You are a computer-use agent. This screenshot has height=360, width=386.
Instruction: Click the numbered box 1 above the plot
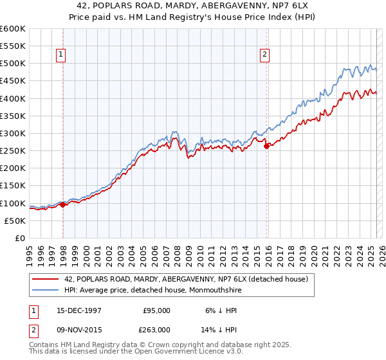click(x=60, y=55)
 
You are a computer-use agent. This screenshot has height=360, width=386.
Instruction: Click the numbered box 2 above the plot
click(x=264, y=55)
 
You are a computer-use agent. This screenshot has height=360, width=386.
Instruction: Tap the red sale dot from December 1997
click(x=63, y=204)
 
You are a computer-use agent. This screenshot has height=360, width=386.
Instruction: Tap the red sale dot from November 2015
click(x=266, y=146)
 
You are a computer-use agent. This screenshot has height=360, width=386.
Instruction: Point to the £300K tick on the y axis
click(x=13, y=134)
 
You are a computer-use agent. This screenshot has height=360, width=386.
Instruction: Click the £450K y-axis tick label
click(x=13, y=81)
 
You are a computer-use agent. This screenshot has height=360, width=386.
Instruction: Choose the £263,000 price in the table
click(x=156, y=329)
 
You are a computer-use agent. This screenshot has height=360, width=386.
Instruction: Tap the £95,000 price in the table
click(x=156, y=310)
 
